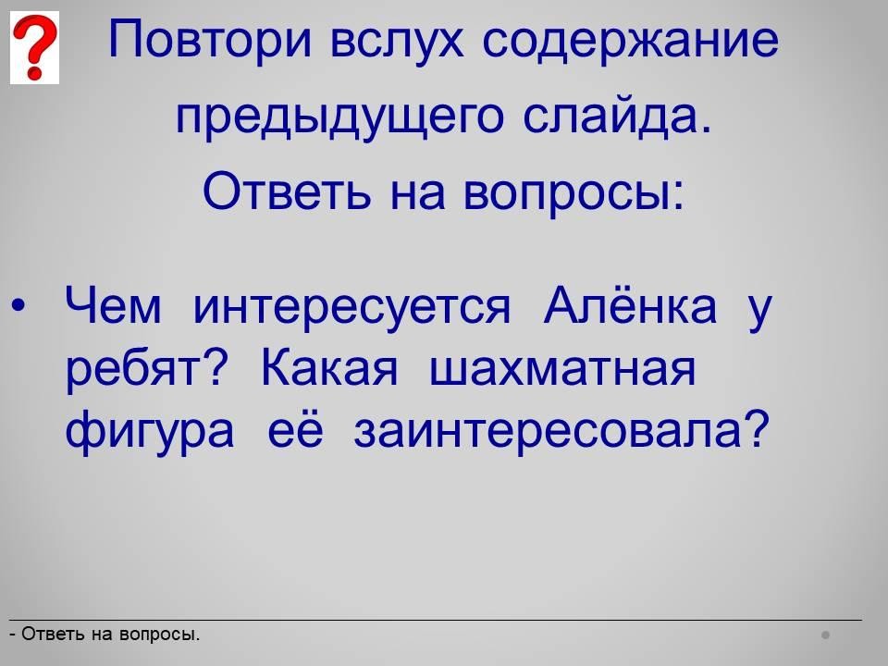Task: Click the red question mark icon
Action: [x=34, y=47]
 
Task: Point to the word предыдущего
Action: [x=339, y=117]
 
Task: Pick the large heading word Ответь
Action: [x=287, y=191]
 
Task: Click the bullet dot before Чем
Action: [x=18, y=305]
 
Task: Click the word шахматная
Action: [x=562, y=369]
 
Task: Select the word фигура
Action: [x=150, y=432]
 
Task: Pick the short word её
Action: [x=295, y=428]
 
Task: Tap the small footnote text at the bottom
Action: [x=105, y=635]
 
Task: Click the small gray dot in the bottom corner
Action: [x=826, y=635]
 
